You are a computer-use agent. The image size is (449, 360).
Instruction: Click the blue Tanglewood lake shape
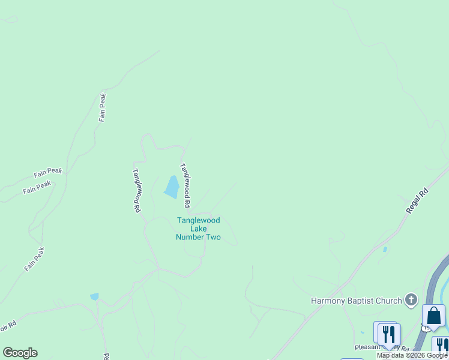(172, 188)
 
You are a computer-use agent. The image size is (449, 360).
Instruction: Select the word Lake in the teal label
(198, 229)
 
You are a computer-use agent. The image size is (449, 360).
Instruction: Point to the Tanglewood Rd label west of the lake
(136, 190)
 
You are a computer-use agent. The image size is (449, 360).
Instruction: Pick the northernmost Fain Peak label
(103, 107)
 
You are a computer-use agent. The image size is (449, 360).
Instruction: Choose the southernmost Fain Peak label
(35, 259)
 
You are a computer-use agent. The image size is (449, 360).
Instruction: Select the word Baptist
(363, 301)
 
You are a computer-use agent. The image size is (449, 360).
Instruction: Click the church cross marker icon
(411, 299)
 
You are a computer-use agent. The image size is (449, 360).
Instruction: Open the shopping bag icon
(433, 316)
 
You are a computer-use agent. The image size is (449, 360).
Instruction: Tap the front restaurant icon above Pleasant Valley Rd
(390, 335)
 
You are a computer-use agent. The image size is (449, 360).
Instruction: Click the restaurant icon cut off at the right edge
(441, 346)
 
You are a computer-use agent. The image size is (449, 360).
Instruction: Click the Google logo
(20, 353)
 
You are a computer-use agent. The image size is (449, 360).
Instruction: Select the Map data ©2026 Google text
(412, 355)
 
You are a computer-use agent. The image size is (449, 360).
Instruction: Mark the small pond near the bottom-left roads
(94, 296)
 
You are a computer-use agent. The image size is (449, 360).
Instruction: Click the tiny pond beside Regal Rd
(384, 249)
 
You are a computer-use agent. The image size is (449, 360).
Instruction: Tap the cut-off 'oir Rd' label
(8, 325)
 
